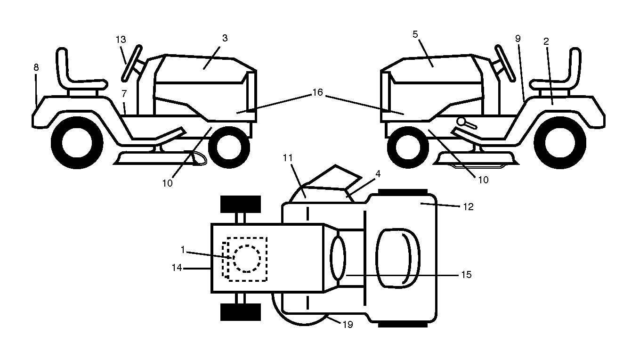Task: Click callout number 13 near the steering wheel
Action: [x=121, y=40]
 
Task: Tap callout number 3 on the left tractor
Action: [x=225, y=38]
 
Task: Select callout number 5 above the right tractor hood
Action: [x=415, y=34]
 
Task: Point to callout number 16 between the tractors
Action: [x=317, y=92]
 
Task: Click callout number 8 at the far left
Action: [x=36, y=67]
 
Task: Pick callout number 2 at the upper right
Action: [x=546, y=41]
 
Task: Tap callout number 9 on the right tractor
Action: [x=518, y=38]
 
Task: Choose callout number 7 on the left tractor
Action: [x=124, y=93]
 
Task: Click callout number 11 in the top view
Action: [x=288, y=158]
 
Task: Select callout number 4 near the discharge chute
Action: [x=378, y=174]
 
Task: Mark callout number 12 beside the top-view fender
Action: [x=469, y=207]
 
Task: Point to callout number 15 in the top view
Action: [x=466, y=275]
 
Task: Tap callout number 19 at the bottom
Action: [x=348, y=324]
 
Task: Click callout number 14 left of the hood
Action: [x=177, y=268]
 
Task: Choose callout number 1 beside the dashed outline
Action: [x=183, y=250]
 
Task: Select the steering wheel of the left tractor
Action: [x=132, y=63]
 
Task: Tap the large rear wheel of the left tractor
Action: [x=77, y=143]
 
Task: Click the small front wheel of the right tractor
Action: [x=408, y=147]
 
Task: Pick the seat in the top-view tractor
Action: [x=398, y=258]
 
